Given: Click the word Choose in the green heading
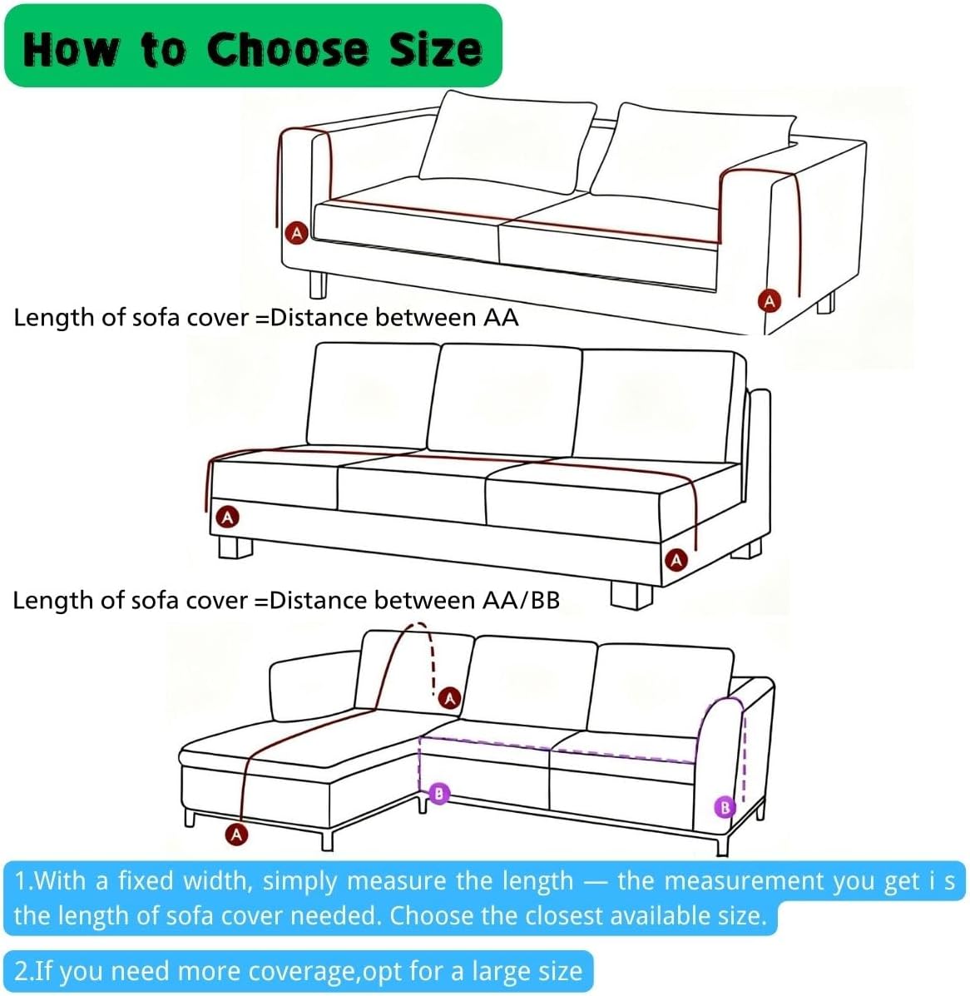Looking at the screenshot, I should (x=286, y=49).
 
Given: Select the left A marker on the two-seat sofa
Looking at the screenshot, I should (x=297, y=232).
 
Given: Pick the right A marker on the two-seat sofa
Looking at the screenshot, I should (x=770, y=300).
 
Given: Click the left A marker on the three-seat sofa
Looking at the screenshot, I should (x=227, y=518).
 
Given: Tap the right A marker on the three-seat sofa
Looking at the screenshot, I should (x=676, y=559).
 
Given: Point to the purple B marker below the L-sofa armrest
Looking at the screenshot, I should (x=725, y=807).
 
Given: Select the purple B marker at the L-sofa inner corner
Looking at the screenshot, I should (x=438, y=794).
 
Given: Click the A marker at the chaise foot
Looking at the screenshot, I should (x=238, y=834).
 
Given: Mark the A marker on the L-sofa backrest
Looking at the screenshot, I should (x=450, y=697).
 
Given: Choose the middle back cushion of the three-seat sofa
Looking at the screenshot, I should (x=504, y=399).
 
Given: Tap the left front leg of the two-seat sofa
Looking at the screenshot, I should (x=318, y=284).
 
